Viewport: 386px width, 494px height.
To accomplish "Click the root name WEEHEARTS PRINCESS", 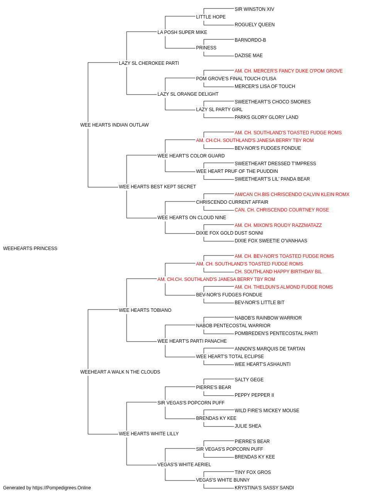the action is [30, 249].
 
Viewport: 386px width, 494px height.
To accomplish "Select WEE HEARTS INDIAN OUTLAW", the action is [114, 125].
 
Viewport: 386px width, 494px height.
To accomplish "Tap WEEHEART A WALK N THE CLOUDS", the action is [120, 372].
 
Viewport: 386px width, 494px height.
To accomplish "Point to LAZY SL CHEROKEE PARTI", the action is [149, 63].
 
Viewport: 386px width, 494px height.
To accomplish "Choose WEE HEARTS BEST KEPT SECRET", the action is [157, 187].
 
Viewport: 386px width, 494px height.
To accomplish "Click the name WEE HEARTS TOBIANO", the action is [145, 310].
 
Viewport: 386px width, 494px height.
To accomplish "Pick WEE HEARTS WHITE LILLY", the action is [149, 433].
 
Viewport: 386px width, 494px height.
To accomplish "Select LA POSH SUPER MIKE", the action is [182, 32].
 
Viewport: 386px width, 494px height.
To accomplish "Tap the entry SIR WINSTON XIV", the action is [254, 9].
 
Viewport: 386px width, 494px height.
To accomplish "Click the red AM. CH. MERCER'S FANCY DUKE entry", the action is [288, 71].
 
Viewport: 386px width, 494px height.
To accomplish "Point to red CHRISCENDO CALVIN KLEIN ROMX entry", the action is [292, 195].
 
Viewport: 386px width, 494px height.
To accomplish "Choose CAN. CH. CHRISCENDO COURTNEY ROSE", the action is [282, 210].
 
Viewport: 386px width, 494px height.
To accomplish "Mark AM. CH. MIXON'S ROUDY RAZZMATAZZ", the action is [278, 225].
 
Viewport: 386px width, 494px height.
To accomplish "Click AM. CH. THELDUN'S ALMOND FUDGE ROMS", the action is [283, 287].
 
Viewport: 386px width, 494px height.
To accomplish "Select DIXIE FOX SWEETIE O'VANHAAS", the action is [271, 241].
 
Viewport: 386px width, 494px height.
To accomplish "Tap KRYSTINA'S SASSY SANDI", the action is [264, 488].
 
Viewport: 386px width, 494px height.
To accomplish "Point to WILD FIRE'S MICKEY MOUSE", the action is [267, 410].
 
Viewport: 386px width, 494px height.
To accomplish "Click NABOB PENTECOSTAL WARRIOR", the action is [233, 326].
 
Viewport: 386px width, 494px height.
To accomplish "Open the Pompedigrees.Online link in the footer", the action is [61, 488].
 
